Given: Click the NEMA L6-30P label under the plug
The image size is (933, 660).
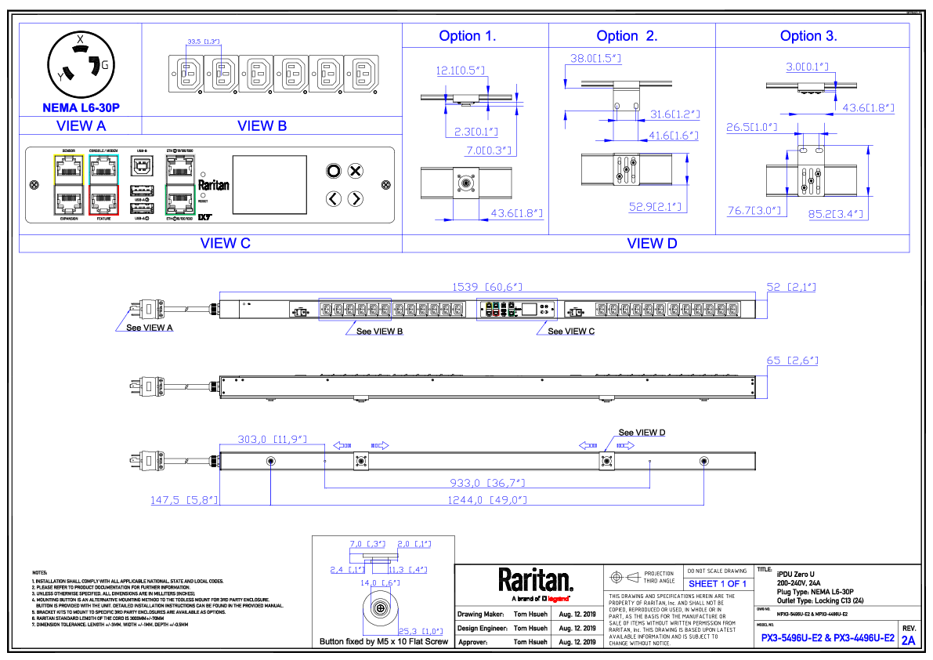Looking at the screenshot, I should click(x=81, y=107).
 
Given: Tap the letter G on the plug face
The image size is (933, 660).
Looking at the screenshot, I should click(x=104, y=65).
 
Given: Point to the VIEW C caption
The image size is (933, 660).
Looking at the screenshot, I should click(x=226, y=243).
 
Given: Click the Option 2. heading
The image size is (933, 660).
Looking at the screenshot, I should click(x=627, y=36).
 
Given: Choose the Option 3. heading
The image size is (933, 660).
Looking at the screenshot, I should click(x=808, y=36).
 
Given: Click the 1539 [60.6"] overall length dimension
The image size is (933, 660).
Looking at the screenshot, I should click(x=486, y=288).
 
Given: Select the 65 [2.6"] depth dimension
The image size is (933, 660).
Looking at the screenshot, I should click(x=792, y=361).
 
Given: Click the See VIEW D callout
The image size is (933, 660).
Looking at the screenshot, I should click(x=642, y=433).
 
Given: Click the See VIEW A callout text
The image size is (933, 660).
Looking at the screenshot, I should click(x=150, y=328).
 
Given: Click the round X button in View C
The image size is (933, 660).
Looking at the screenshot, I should click(x=355, y=171).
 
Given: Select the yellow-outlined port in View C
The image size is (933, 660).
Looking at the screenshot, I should click(x=68, y=166).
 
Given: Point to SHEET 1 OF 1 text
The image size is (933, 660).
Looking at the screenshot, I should click(x=718, y=584).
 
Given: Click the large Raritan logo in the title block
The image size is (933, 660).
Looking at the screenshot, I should click(x=536, y=581).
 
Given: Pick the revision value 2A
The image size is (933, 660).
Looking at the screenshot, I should click(x=908, y=640).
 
